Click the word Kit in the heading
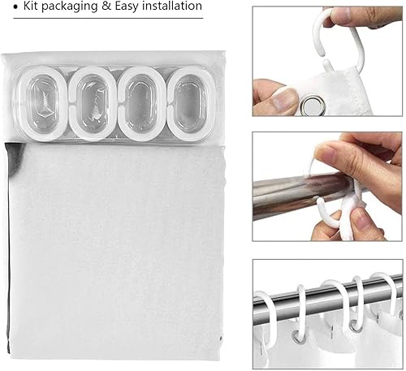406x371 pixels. tap(30, 6)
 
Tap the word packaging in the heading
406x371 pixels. tap(70, 6)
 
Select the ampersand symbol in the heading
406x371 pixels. tap(106, 6)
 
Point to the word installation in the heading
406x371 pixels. tap(172, 6)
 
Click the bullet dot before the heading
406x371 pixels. tap(16, 7)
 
